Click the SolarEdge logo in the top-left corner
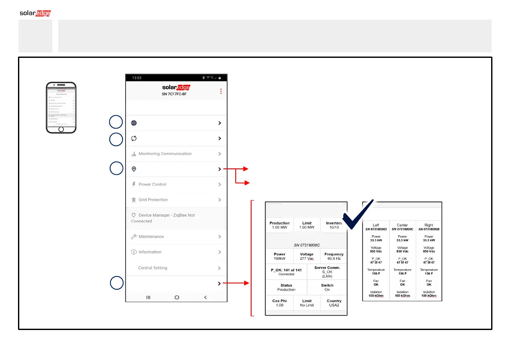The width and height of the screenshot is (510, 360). click(x=35, y=13)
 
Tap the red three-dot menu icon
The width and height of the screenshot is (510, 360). click(x=221, y=91)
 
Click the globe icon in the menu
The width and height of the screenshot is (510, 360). click(x=134, y=123)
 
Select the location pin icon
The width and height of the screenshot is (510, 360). click(x=134, y=169)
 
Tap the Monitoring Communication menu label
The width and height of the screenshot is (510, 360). click(x=165, y=154)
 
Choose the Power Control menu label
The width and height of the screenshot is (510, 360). click(x=152, y=185)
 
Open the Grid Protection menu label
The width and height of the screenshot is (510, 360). click(x=153, y=200)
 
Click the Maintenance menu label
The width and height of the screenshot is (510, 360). click(x=151, y=237)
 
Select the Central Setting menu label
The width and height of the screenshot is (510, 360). click(x=153, y=268)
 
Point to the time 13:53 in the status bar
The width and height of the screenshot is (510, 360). click(x=137, y=78)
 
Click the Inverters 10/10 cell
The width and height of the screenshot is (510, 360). click(x=334, y=225)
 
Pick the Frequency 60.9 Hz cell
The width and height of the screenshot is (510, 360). click(x=334, y=257)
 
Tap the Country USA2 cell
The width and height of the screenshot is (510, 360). click(x=334, y=303)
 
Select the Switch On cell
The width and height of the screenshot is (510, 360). click(x=327, y=287)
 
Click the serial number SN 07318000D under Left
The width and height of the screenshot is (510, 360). click(x=376, y=229)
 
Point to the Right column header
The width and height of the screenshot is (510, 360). click(x=429, y=225)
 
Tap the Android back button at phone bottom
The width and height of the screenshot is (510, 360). click(x=205, y=297)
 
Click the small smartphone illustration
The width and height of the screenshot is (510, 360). click(x=61, y=108)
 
